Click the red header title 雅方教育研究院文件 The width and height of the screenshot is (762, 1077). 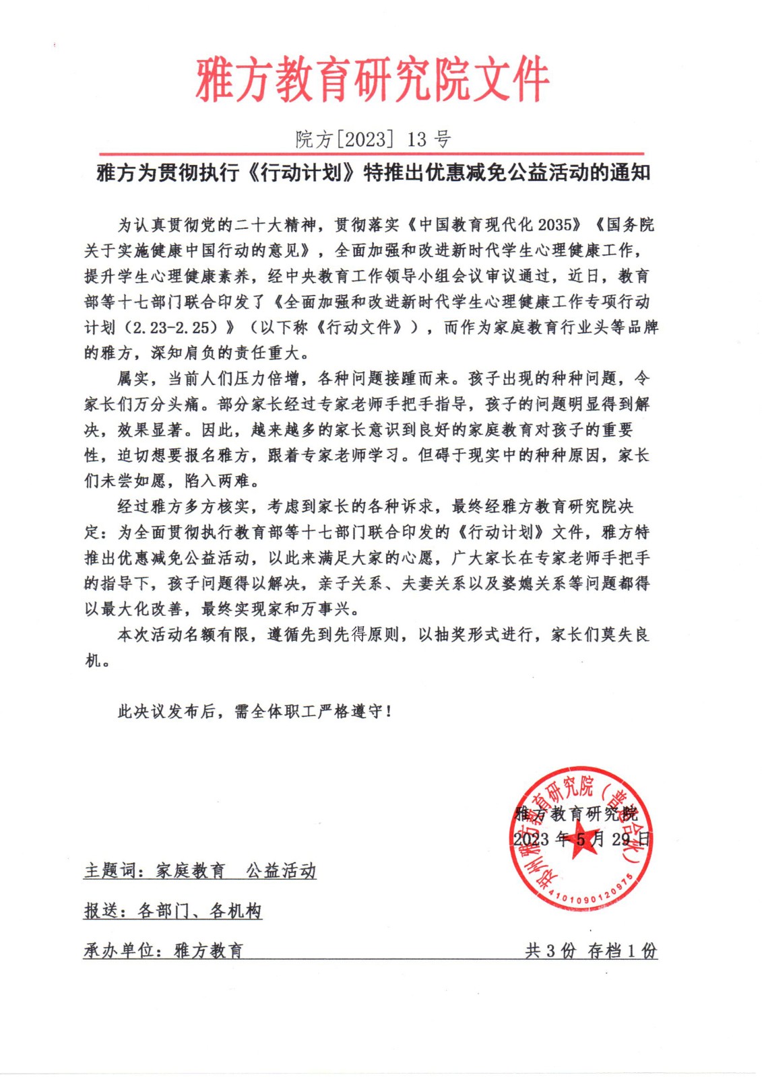coord(373,80)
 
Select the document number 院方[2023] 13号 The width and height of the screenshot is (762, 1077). coord(373,139)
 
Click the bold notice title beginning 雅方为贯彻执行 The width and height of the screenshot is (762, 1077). coord(373,173)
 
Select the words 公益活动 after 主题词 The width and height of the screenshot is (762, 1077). coord(281,871)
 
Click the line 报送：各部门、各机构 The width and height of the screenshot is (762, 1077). coord(172,911)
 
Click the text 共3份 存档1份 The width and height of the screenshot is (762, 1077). coord(591,950)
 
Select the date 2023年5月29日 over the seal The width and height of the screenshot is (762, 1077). coord(581,839)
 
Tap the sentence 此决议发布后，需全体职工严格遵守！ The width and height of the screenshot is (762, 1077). coord(254,711)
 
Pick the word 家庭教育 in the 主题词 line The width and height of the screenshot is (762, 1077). coord(191,871)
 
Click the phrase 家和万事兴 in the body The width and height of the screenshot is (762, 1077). coord(309,609)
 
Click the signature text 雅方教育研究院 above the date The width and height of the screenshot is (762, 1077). coord(576,814)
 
